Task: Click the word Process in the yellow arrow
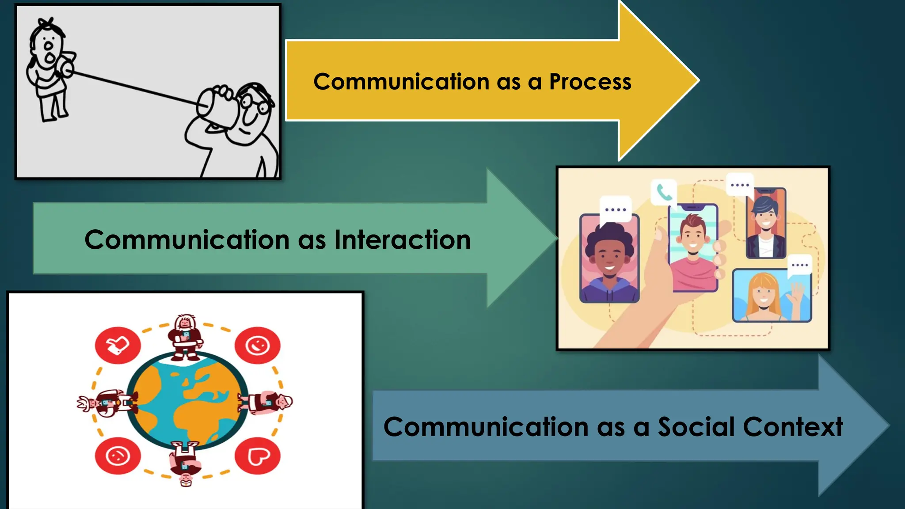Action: tap(590, 82)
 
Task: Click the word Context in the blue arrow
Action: tap(793, 427)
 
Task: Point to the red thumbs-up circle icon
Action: tap(118, 346)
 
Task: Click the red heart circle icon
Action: tap(258, 456)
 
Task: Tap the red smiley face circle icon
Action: tap(258, 346)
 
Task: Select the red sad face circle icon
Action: tap(118, 456)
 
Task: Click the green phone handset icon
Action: tap(664, 192)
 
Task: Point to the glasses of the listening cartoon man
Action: tap(254, 104)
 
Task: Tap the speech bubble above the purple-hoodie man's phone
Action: tap(616, 209)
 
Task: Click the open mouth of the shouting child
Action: tap(50, 57)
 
